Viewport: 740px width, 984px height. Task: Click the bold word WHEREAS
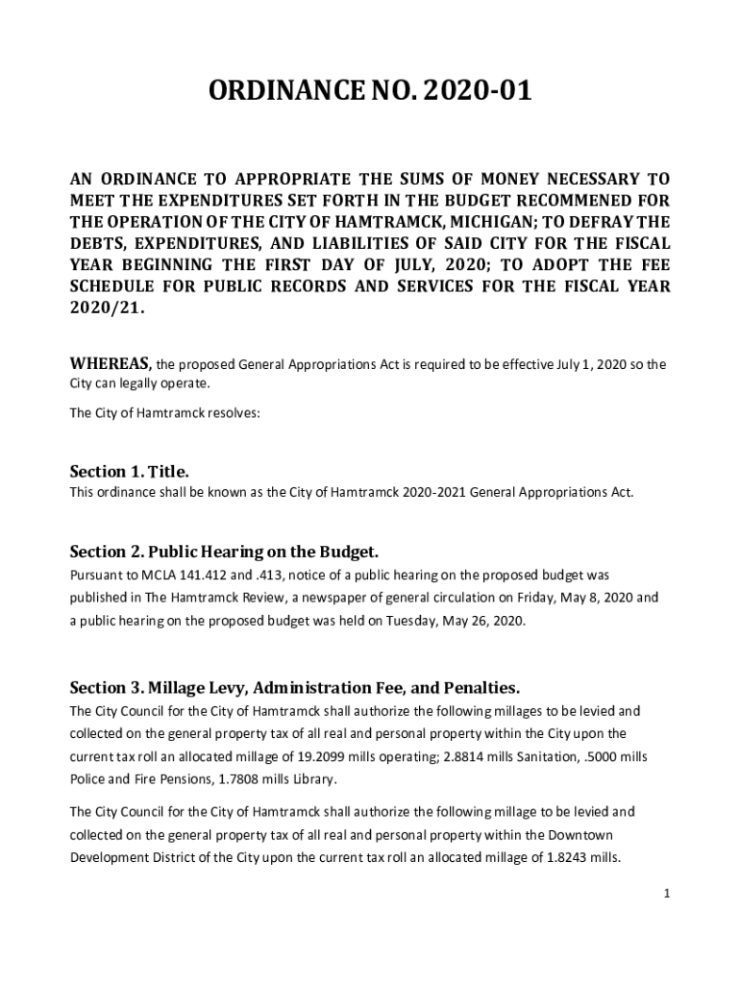[x=111, y=363]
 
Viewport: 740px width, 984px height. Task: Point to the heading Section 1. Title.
[x=130, y=472]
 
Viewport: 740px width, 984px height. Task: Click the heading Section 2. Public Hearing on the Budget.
[x=224, y=552]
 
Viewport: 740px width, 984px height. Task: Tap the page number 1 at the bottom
[x=665, y=894]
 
